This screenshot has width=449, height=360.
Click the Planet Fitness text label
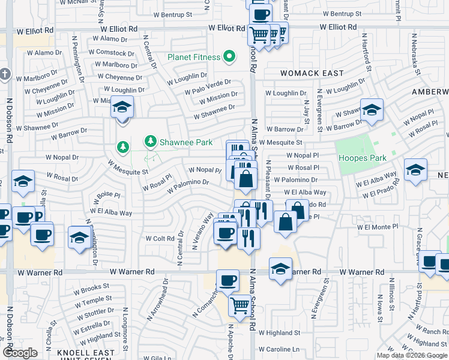(x=193, y=58)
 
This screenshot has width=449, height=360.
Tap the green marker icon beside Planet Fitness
(x=229, y=58)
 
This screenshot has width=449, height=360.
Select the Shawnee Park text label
(x=187, y=143)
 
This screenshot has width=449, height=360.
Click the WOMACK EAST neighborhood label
(x=312, y=73)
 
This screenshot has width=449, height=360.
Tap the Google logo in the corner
(x=20, y=353)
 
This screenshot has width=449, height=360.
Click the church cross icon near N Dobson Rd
(x=5, y=75)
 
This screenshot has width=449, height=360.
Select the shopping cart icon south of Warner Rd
(x=240, y=305)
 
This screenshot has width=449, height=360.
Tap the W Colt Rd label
(x=160, y=238)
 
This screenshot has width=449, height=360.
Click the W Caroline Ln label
(x=279, y=349)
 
